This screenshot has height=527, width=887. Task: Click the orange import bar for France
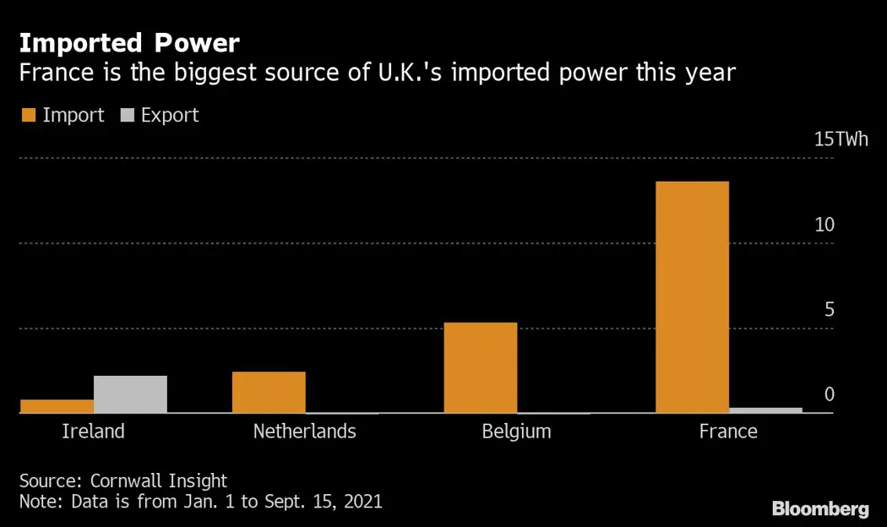coord(692,297)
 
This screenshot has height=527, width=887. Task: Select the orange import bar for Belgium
coord(480,367)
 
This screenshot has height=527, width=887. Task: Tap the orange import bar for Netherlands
coord(269,392)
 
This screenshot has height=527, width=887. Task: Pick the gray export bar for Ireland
coord(130,394)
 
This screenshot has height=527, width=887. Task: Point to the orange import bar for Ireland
coord(57,406)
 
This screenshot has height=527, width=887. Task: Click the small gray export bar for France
coord(765,410)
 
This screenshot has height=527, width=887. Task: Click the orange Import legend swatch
coord(28,116)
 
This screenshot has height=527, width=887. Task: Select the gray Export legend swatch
coord(129,116)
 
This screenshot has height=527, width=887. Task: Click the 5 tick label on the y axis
coord(829,309)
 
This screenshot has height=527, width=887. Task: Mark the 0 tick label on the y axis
coord(829,394)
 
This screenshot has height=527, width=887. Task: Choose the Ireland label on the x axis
coord(93,432)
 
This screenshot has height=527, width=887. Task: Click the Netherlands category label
coord(304,432)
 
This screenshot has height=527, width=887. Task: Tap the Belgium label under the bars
coord(516,432)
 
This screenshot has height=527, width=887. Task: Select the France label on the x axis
coord(728,432)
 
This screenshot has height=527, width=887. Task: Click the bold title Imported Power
coord(129,43)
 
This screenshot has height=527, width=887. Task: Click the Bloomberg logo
coord(820,508)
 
